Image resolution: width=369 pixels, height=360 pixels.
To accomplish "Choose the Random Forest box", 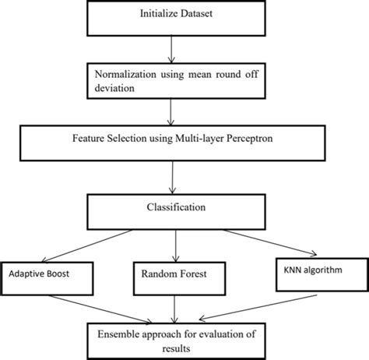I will tap(177, 274).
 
